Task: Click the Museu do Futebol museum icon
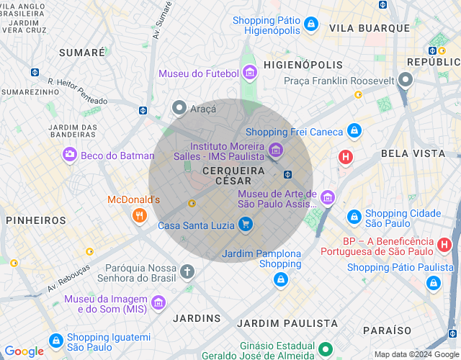[250, 73]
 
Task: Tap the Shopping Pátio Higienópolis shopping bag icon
[311, 24]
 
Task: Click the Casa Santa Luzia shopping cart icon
[246, 225]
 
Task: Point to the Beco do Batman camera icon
[70, 154]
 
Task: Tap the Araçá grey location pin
[179, 108]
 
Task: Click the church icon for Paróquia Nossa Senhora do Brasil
[187, 271]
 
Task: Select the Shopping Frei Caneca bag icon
[354, 131]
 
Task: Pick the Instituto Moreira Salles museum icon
[274, 150]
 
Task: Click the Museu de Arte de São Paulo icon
[328, 197]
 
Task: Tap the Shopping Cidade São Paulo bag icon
[354, 216]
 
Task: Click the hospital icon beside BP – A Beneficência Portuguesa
[445, 245]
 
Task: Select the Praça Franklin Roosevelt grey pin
[406, 80]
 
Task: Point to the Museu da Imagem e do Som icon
[158, 302]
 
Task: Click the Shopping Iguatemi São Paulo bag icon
[55, 340]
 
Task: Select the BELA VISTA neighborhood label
[413, 153]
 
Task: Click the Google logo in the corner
[24, 351]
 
